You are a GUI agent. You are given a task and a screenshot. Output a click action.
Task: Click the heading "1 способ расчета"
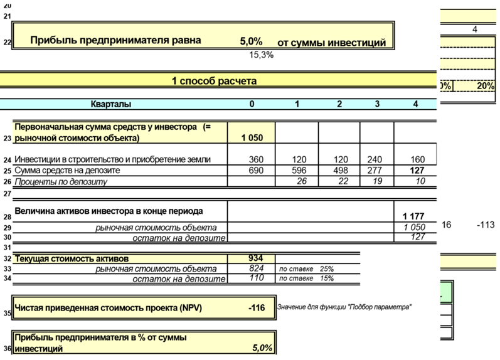[x=214, y=81]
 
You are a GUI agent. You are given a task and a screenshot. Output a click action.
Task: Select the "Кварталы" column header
[x=111, y=104]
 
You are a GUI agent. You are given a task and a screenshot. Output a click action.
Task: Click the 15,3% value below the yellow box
[x=262, y=55]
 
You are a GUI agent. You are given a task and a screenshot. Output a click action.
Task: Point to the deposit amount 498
[x=339, y=171]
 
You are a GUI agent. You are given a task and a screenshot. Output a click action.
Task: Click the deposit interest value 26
[x=302, y=182]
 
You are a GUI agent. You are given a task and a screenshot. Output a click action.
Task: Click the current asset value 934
[x=257, y=258]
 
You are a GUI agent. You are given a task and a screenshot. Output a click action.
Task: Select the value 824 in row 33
[x=257, y=268]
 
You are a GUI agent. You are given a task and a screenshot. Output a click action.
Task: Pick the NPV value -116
[x=258, y=309]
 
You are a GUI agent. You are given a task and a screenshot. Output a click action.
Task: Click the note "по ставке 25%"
[x=306, y=268]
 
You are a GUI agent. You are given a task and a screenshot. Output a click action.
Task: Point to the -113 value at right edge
[x=486, y=224]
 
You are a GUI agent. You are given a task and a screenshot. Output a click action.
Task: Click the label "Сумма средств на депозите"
[x=67, y=171]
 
